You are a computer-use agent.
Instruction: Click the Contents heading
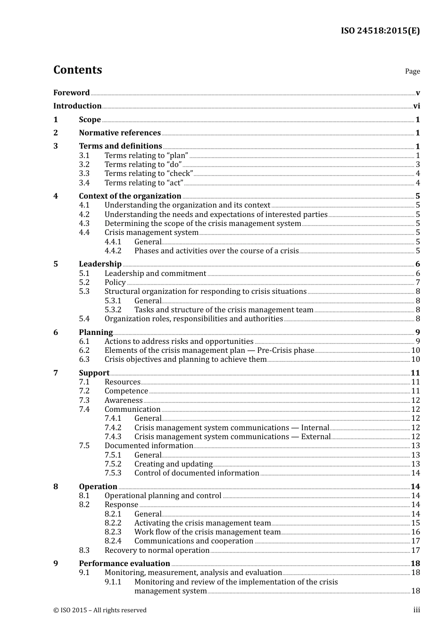pos(77,70)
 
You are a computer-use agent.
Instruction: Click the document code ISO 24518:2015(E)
pos(380,31)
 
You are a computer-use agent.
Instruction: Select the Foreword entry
pos(71,93)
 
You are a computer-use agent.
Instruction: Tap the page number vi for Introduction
pos(416,106)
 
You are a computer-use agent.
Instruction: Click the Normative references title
pos(120,133)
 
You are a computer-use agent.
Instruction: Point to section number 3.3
pos(84,174)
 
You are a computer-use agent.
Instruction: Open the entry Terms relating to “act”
pos(144,183)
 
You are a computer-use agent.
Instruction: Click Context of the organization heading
pos(130,196)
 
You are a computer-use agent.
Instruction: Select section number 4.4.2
pos(113,251)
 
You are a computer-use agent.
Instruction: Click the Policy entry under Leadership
pos(115,283)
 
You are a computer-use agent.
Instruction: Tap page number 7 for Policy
pos(418,283)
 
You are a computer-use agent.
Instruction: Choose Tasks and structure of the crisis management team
pos(224,310)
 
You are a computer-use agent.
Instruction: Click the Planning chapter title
pos(96,333)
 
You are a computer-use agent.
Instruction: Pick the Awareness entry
pos(124,400)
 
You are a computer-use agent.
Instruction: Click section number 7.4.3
pos(113,437)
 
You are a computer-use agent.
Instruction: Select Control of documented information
pos(197,473)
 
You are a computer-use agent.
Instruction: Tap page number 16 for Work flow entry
pos(415,532)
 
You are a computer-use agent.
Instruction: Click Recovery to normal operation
pos(157,551)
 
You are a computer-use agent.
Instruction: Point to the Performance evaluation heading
pos(124,564)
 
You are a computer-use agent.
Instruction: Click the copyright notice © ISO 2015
pos(100,610)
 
